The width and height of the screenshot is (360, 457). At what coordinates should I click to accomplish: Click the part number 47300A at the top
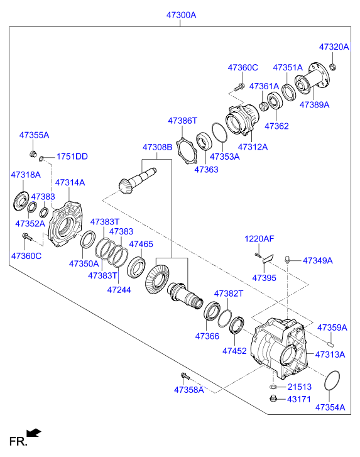click(181, 15)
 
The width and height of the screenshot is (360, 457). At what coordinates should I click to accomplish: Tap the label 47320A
click(334, 47)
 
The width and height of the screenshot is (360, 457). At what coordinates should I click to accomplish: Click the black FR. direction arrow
click(34, 432)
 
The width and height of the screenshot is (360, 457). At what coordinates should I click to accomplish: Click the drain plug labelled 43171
click(273, 398)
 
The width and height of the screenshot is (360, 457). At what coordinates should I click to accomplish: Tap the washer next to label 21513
click(273, 387)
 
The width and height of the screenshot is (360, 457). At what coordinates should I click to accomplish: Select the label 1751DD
click(72, 157)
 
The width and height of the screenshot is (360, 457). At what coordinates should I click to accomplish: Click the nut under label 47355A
click(33, 153)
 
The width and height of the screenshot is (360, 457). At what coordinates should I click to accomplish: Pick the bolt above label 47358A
click(185, 376)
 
